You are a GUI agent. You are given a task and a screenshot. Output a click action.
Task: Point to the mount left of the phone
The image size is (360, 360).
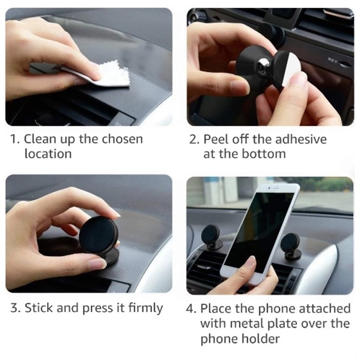point(211,238)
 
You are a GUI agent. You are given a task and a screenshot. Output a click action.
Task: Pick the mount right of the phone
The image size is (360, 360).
point(291,246)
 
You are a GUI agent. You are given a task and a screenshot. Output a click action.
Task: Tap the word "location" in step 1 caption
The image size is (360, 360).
point(48,154)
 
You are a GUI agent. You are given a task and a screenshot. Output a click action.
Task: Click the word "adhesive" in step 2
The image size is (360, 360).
point(301,139)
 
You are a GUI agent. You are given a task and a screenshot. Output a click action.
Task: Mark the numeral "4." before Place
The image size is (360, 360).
point(191,308)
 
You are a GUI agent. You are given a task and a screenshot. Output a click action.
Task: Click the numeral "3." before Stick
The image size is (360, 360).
point(16,308)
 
